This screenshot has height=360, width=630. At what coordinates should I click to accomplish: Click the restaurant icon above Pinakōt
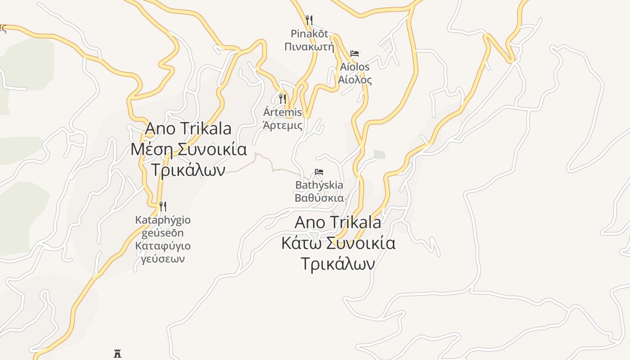click(309, 20)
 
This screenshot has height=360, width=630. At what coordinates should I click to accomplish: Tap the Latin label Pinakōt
click(309, 34)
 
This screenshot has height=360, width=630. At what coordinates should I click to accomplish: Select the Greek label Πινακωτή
click(309, 46)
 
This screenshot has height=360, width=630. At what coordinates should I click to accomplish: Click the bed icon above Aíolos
click(355, 54)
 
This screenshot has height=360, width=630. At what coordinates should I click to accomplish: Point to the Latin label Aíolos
click(355, 67)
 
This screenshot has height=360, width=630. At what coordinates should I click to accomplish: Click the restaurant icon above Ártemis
click(283, 99)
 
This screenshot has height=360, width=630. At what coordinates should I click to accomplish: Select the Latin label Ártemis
click(283, 112)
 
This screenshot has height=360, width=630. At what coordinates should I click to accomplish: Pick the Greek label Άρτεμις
click(283, 125)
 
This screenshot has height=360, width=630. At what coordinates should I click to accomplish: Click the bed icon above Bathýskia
click(319, 172)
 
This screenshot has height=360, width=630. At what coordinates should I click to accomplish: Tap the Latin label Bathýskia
click(319, 185)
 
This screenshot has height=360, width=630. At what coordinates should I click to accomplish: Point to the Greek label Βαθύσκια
click(319, 198)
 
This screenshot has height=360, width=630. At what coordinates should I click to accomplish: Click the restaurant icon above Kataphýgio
click(163, 207)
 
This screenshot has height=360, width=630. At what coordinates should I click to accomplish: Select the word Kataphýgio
click(163, 220)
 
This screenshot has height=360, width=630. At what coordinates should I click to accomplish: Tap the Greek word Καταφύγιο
click(163, 246)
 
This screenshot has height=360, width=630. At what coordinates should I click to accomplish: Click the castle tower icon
click(117, 354)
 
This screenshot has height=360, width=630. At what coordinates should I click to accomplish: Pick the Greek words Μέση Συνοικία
click(189, 149)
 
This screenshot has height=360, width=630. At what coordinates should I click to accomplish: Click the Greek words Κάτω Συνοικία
click(338, 243)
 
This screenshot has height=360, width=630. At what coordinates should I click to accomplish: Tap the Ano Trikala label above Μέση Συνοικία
click(188, 129)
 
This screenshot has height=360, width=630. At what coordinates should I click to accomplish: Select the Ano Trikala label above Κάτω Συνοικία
click(338, 222)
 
